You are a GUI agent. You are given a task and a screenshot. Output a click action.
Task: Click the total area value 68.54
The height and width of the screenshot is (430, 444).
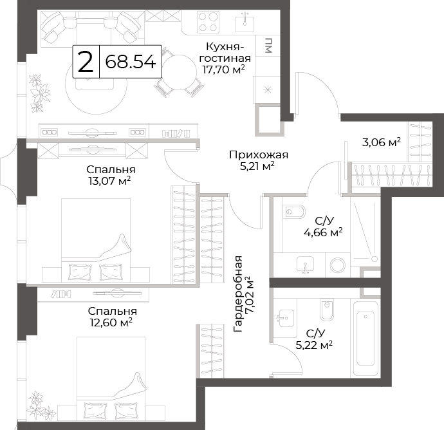131,62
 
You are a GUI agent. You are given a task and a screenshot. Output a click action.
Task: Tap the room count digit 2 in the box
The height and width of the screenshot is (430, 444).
86,62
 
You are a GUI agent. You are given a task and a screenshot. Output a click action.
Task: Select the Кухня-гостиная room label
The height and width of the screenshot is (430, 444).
225,52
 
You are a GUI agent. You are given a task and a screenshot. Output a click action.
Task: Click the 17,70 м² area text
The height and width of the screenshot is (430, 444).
223,69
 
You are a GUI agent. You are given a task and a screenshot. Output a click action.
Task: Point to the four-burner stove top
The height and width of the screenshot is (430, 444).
208,21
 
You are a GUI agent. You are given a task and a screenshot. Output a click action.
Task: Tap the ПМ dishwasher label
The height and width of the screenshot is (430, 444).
268,45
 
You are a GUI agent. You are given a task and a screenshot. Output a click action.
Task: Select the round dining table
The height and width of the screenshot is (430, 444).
180,72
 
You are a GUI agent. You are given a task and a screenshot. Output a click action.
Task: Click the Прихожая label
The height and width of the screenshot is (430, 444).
259,155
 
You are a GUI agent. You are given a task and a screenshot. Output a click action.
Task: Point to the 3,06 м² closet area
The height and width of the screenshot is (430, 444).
382,142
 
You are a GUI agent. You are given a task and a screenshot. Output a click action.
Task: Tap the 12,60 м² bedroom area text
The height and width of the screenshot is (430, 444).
111,322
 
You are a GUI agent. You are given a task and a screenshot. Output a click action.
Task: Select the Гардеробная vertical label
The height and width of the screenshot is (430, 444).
238,294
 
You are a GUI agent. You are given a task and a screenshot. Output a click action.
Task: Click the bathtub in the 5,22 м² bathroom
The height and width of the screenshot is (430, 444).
365,339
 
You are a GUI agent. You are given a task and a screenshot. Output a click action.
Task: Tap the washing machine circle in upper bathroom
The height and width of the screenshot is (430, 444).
338,265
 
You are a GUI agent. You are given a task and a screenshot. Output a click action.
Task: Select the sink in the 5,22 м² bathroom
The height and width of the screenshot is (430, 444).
286,318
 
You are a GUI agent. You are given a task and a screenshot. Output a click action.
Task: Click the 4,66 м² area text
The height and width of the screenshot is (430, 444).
323,232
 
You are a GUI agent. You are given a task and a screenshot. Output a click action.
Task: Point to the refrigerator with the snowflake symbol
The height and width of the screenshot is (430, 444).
267,89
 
